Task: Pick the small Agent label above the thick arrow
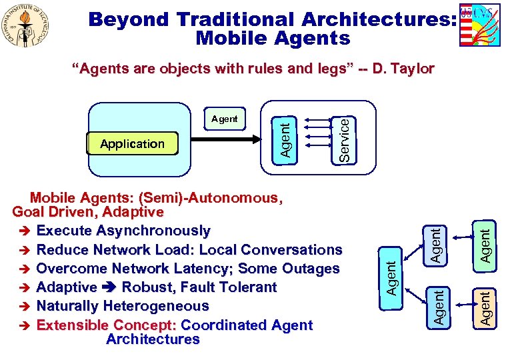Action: point(224,119)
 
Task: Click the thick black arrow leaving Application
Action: point(227,141)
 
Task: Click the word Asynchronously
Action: point(153,231)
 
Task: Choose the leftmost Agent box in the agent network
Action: point(393,277)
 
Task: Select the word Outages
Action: point(310,269)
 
